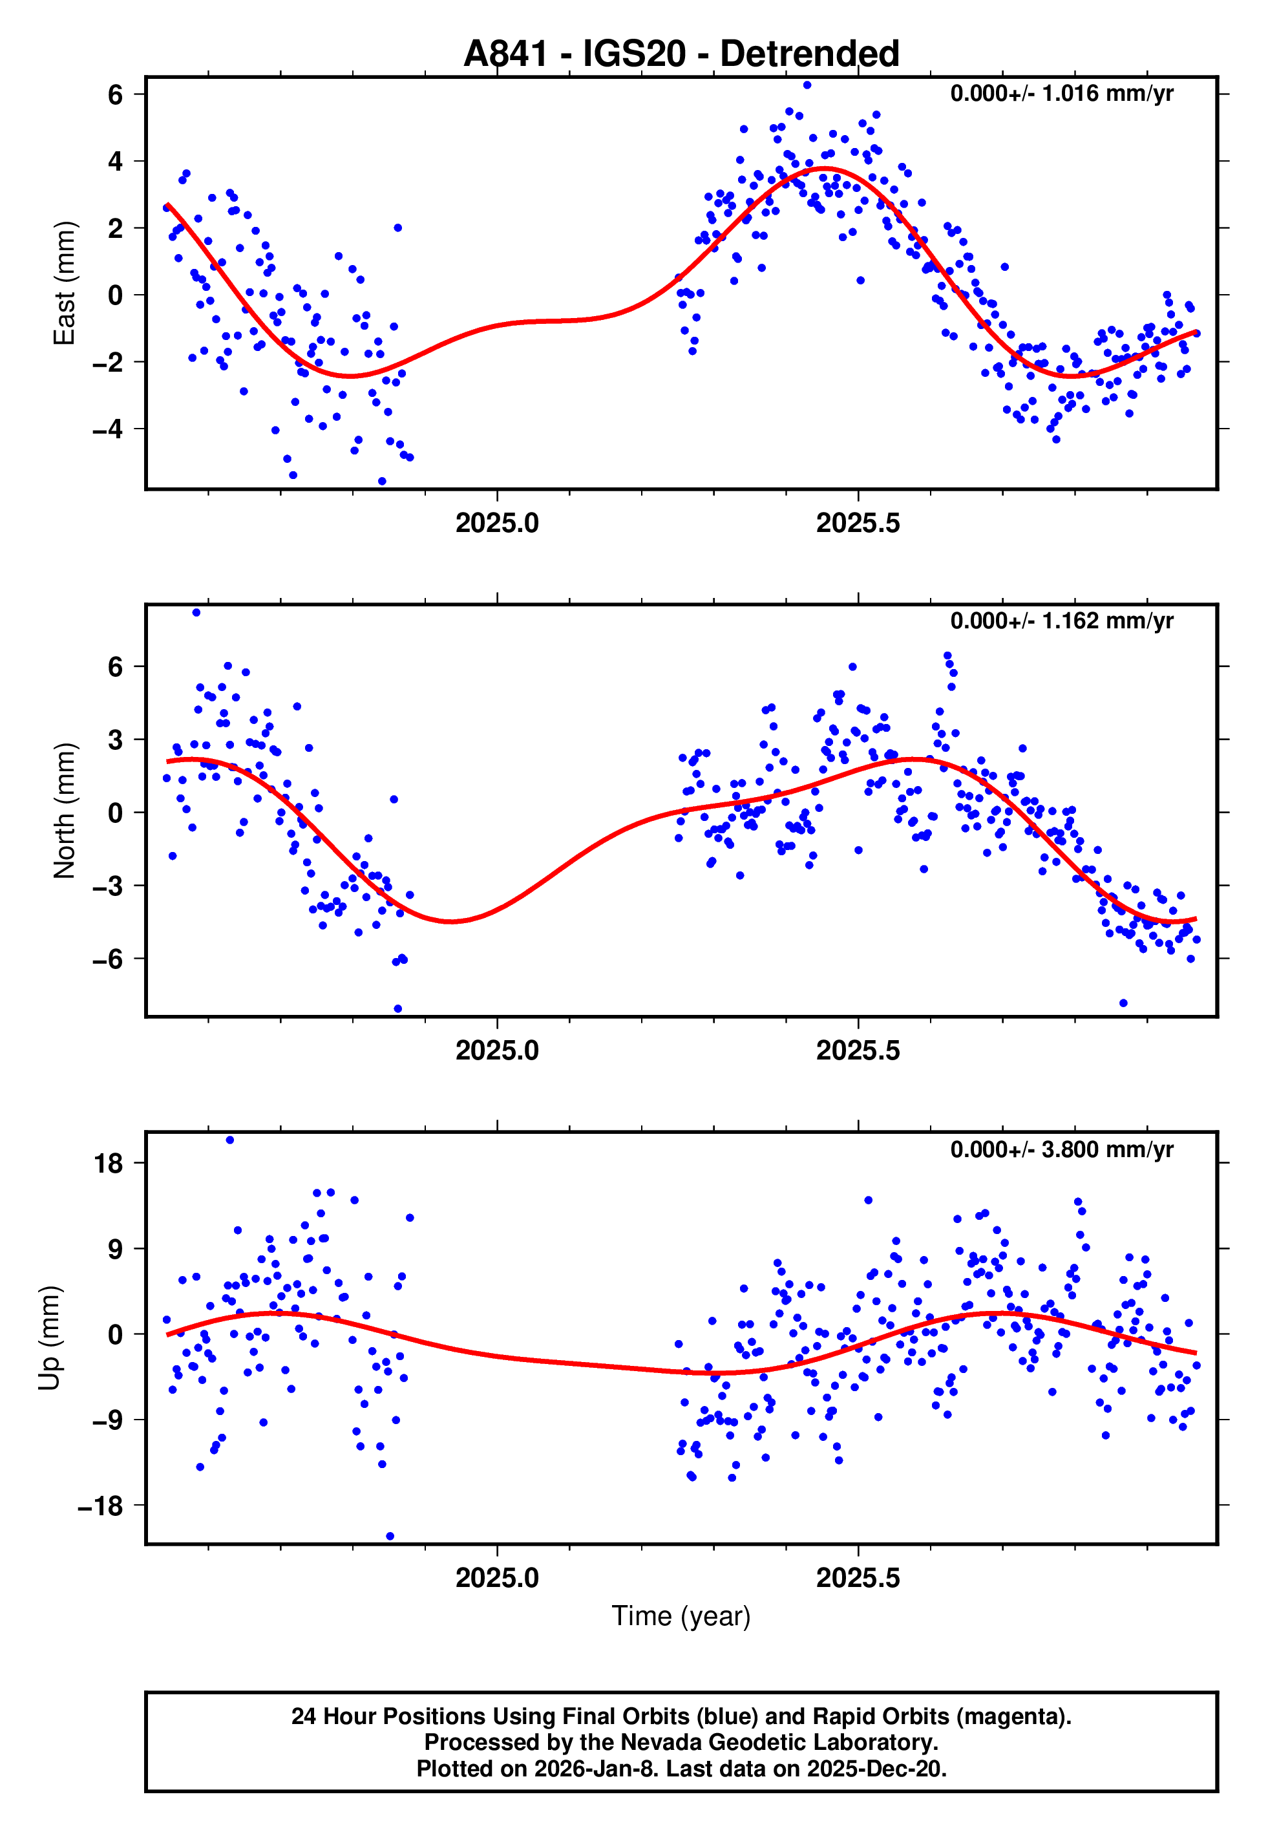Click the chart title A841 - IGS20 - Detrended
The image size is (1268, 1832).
pyautogui.click(x=681, y=54)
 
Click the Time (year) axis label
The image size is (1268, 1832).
pyautogui.click(x=681, y=1616)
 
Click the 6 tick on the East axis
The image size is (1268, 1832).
pyautogui.click(x=116, y=94)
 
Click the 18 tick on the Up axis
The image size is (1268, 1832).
pyautogui.click(x=109, y=1164)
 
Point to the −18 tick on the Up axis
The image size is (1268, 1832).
pyautogui.click(x=101, y=1506)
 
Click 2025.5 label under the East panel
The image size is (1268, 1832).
pyautogui.click(x=858, y=524)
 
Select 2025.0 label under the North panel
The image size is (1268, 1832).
pyautogui.click(x=498, y=1051)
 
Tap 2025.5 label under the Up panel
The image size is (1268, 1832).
pyautogui.click(x=858, y=1578)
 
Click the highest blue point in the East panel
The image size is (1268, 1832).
pyautogui.click(x=807, y=85)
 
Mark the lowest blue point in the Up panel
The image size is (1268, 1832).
pyautogui.click(x=390, y=1537)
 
